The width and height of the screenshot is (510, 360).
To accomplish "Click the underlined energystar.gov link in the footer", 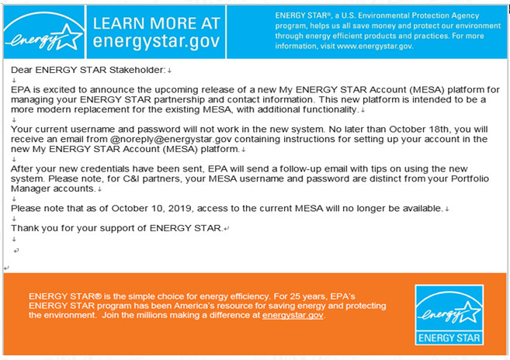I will pyautogui.click(x=293, y=316).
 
